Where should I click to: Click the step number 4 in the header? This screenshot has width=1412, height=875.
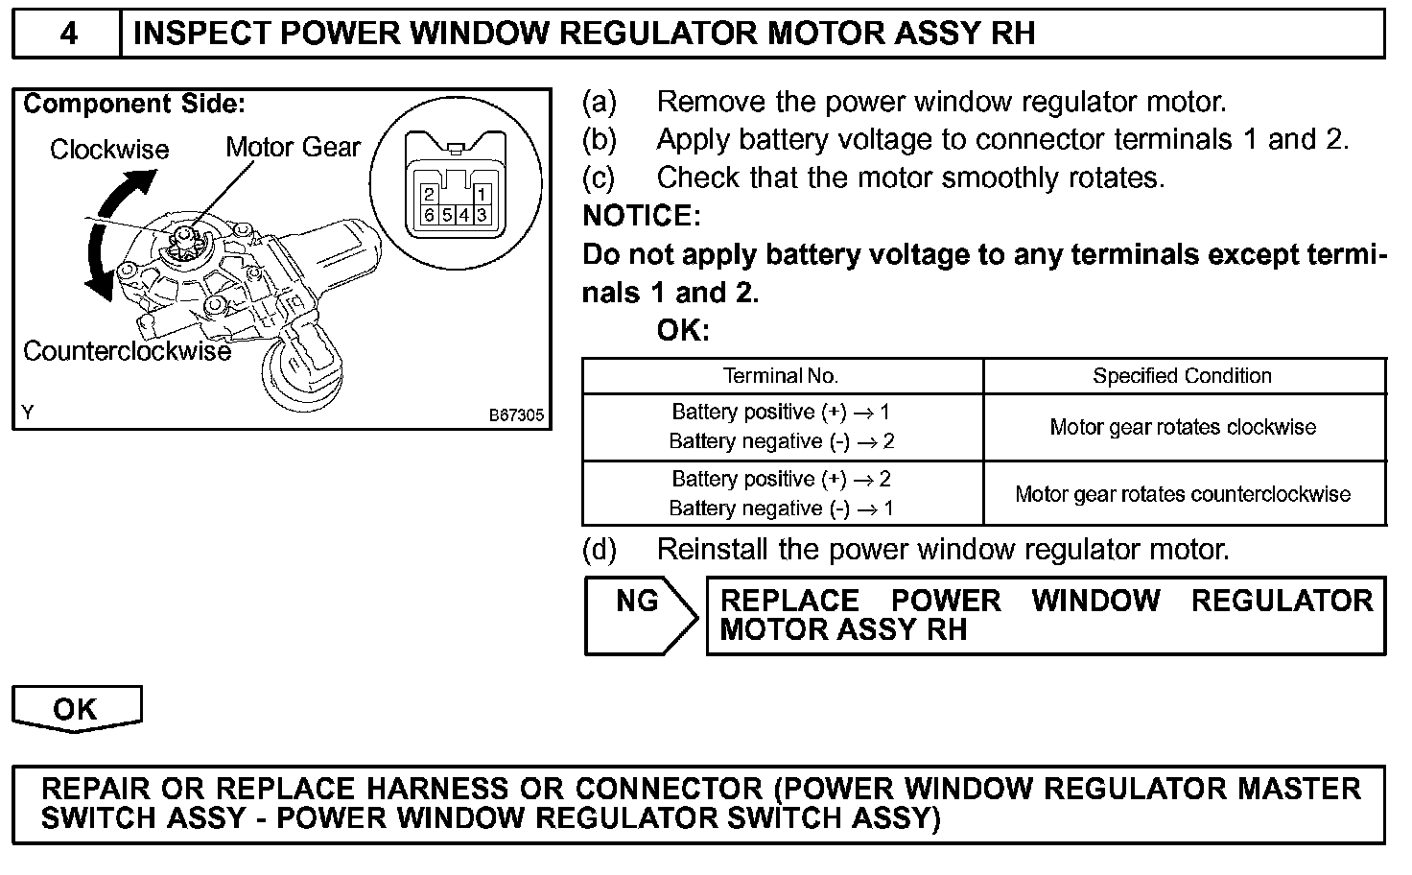(68, 35)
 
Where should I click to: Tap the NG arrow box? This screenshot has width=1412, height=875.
(640, 615)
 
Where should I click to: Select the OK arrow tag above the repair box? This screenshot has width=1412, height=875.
(76, 709)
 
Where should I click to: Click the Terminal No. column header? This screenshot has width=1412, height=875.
(781, 376)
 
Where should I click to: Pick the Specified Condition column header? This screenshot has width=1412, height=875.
(1182, 376)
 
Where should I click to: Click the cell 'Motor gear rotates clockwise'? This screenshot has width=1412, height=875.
(1183, 427)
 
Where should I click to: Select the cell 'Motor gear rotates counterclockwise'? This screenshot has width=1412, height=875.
(1183, 494)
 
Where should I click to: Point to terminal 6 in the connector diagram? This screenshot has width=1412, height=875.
(429, 214)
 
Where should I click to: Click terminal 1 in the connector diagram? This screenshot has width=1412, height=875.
(482, 194)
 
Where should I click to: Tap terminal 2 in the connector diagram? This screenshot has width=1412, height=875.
(429, 194)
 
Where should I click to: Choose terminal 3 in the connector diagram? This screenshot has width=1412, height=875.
(482, 214)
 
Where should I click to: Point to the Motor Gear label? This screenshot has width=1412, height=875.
(293, 148)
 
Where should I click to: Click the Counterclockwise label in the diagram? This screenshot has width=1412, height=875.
(127, 351)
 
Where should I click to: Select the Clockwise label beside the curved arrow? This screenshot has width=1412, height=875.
(109, 150)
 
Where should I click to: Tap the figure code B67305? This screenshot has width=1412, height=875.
(516, 415)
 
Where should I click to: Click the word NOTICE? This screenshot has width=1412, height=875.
(641, 216)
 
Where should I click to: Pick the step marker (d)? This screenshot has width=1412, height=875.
(600, 550)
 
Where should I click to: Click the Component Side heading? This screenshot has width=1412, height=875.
(134, 104)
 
